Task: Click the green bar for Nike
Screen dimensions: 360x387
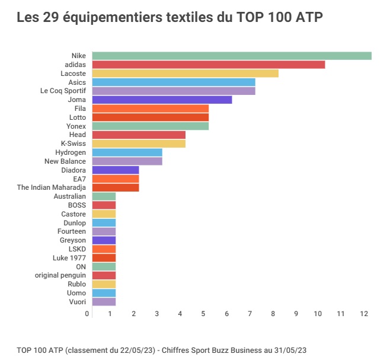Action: pos(231,56)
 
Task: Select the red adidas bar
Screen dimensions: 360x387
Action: pos(208,65)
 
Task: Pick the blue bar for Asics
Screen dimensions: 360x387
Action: pos(173,82)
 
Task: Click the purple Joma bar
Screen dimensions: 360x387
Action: pos(162,100)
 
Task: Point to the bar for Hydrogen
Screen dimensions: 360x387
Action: pos(127,152)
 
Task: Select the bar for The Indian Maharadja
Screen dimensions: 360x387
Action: pos(115,187)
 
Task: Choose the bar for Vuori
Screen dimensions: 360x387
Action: pos(104,301)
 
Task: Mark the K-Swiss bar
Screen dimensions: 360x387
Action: pos(139,144)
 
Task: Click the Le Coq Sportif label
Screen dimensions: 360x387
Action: pos(63,91)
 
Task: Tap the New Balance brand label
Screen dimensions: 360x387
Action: pos(65,161)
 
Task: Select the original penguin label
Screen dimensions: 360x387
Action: pos(60,275)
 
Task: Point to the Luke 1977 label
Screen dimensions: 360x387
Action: pos(69,258)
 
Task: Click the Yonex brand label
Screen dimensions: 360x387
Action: pos(76,126)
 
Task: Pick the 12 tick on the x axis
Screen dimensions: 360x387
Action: pos(363,313)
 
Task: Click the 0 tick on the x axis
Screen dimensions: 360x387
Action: pos(87,313)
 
